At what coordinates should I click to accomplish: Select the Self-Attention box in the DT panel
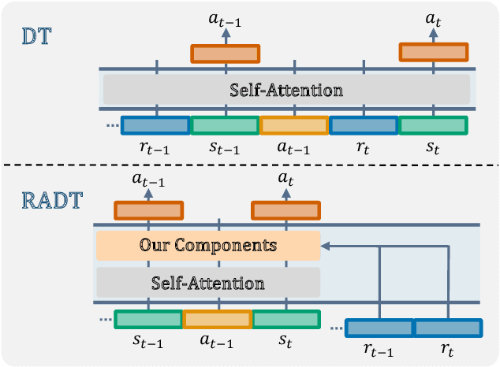coord(286,90)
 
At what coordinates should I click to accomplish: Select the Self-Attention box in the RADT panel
coord(207,282)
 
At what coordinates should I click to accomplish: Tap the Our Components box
coord(207,246)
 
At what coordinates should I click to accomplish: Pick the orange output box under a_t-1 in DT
coord(226,54)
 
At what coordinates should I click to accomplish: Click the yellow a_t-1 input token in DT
coord(294,125)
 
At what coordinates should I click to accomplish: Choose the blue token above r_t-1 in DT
coord(155,125)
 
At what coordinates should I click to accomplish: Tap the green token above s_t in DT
coord(433,125)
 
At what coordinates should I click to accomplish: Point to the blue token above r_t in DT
coord(364,125)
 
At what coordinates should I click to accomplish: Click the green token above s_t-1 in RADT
coord(148,319)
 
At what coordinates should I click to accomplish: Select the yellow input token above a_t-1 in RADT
coord(218,319)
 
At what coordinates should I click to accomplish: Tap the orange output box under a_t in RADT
coord(286,210)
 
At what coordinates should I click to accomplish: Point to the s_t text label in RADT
coord(285,341)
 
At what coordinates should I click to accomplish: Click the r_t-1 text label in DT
coord(155,147)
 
